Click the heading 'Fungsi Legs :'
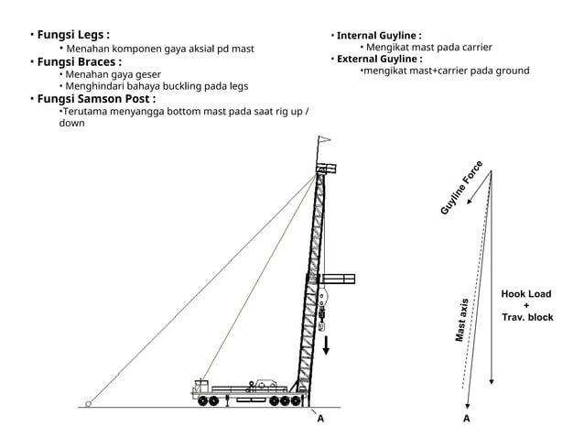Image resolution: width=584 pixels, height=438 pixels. (x=73, y=35)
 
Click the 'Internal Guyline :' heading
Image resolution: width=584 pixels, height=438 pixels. (x=379, y=35)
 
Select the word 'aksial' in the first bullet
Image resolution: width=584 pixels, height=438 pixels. (x=195, y=49)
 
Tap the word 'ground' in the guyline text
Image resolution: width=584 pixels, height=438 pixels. (x=512, y=71)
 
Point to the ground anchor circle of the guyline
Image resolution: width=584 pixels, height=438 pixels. (x=89, y=403)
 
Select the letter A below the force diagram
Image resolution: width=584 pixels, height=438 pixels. (x=467, y=419)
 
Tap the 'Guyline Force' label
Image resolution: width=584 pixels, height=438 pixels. (x=461, y=189)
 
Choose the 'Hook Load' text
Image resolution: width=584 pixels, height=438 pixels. (x=526, y=294)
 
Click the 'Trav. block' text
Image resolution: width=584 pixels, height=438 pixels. (x=527, y=317)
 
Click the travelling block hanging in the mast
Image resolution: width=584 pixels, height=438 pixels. (x=321, y=307)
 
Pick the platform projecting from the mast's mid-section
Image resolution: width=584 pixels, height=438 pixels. (x=339, y=279)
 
